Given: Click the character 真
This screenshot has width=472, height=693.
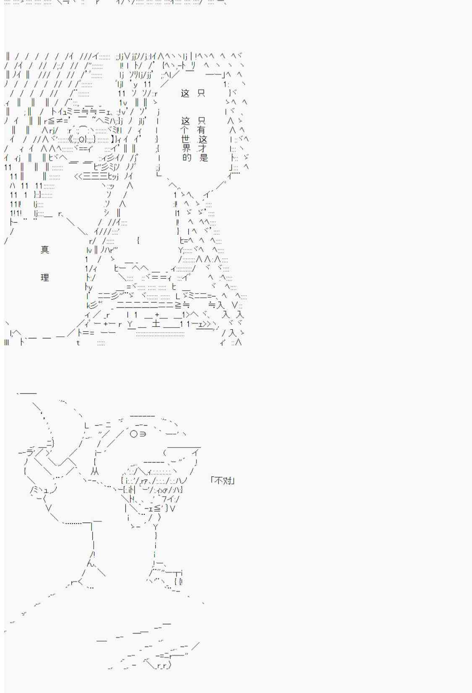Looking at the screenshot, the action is tap(45, 249).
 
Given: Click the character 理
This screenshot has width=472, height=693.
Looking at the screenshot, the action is tap(45, 277).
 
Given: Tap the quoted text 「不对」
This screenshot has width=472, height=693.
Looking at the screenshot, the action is tap(222, 480).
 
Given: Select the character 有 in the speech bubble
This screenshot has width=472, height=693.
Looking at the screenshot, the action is tap(201, 130).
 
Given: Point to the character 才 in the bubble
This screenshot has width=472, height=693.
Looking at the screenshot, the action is tap(203, 148).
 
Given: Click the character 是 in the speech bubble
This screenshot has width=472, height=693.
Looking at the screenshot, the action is tap(203, 157).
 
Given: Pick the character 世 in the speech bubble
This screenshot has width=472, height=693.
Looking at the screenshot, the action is tap(185, 139).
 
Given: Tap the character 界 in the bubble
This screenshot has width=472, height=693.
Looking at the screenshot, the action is tap(186, 148).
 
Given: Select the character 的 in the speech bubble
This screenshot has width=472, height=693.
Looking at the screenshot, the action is tap(187, 157).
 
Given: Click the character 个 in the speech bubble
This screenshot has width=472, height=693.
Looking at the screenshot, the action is tap(185, 130).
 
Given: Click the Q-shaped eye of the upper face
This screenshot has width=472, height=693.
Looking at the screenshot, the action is tap(81, 140).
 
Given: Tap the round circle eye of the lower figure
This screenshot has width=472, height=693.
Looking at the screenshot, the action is tap(134, 434).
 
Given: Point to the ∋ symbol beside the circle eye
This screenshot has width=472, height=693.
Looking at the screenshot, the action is tap(142, 434).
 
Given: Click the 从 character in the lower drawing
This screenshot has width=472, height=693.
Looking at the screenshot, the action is tap(95, 472).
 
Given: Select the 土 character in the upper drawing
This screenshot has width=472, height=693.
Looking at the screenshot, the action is tap(156, 324).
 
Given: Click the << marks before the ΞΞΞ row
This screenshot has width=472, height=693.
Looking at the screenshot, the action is tap(78, 177).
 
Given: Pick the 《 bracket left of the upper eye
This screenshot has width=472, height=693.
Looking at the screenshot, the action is tap(70, 140).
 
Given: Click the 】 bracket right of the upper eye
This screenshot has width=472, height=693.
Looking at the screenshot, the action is tap(113, 140).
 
